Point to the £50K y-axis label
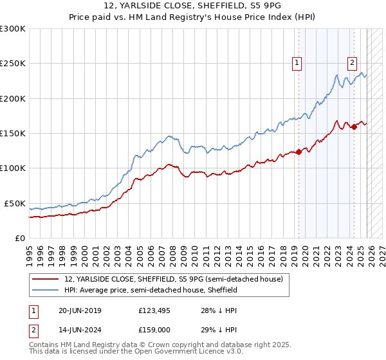tap(15, 203)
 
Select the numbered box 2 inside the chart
tap(353, 62)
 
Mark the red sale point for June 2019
tap(299, 152)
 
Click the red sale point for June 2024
tap(354, 127)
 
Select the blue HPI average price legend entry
tap(151, 291)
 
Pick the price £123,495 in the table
tap(156, 310)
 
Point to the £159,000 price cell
tap(156, 329)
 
